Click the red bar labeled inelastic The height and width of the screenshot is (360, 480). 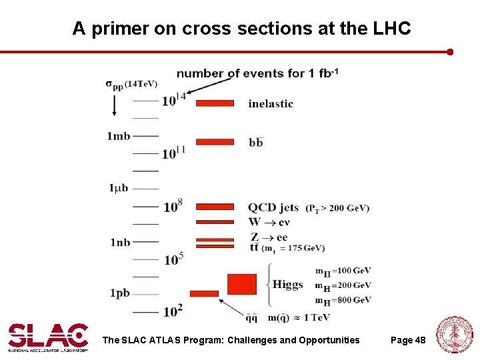point(215,103)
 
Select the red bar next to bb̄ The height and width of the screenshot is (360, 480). point(215,141)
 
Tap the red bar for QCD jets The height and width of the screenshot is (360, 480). point(215,207)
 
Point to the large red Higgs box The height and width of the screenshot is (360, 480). point(241,284)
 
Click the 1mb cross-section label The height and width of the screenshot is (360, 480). point(119,136)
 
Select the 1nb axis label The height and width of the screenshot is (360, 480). point(120,242)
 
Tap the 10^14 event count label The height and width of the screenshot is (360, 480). point(173,100)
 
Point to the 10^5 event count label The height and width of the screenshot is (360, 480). point(173,258)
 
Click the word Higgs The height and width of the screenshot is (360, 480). point(287,285)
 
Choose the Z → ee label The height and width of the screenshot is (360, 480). point(269,237)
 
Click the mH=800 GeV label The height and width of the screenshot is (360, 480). point(343,301)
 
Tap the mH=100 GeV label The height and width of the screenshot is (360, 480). point(343,271)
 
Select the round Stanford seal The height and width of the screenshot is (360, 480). point(454,335)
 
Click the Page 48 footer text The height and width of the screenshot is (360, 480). point(407,341)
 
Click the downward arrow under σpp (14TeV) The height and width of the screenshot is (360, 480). point(114,105)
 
